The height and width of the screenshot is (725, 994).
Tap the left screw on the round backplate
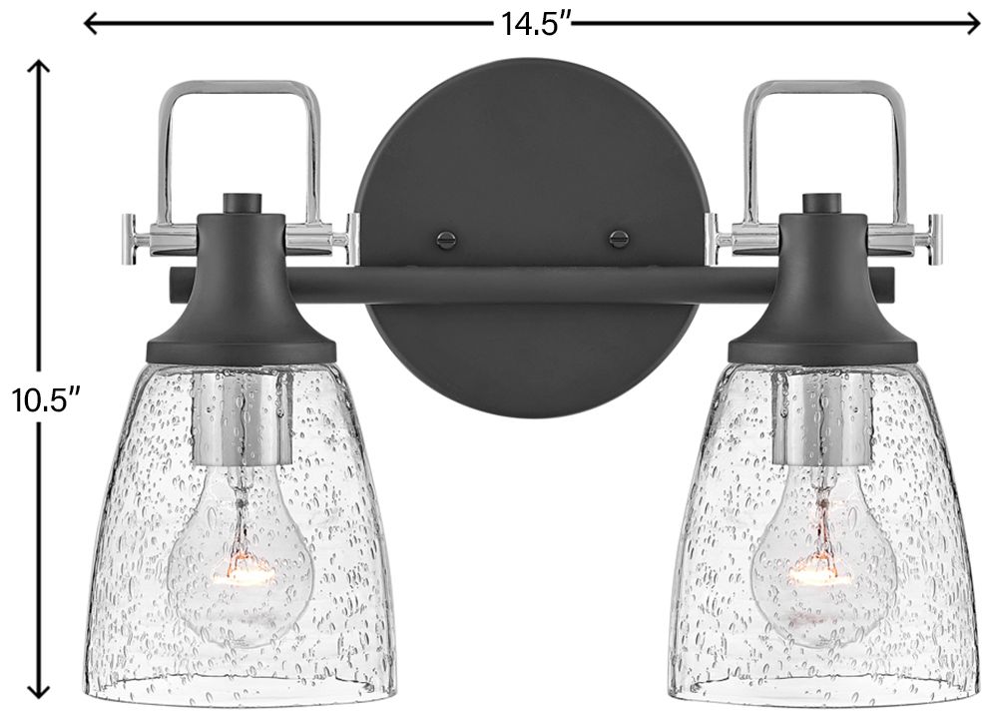coord(445,239)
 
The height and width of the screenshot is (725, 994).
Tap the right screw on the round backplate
coord(619,239)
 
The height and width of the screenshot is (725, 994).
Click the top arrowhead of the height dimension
coord(38,67)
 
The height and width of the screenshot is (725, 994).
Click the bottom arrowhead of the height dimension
coord(38,691)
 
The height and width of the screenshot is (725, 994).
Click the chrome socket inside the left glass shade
coord(240,419)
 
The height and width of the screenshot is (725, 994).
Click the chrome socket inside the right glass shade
coord(820,419)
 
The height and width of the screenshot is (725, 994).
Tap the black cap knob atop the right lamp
coord(820,203)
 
